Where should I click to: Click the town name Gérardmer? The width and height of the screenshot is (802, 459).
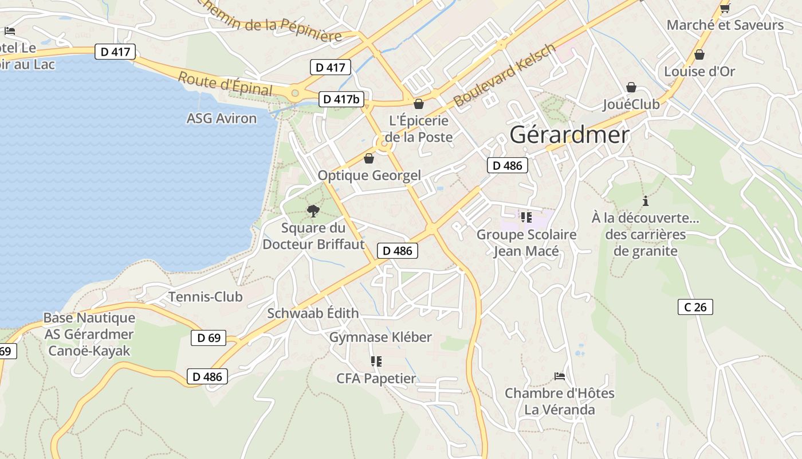[x=569, y=135]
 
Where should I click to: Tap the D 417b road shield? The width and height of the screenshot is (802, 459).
[x=341, y=99]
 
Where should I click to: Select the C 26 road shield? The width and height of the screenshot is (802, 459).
[x=695, y=307]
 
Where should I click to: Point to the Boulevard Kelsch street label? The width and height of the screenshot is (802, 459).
[x=504, y=75]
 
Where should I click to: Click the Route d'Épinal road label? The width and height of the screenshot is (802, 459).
[x=225, y=84]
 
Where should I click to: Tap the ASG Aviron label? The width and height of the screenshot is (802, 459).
[x=222, y=118]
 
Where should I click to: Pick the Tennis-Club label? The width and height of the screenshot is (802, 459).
[x=205, y=297]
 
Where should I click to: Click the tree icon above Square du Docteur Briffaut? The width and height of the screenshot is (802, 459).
[x=313, y=211]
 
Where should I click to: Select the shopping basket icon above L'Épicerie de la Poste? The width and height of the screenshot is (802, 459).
[x=419, y=104]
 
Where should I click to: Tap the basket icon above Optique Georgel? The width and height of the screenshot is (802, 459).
[x=369, y=158]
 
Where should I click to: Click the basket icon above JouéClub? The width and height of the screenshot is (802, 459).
[x=631, y=87]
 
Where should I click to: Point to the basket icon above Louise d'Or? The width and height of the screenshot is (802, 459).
[x=699, y=55]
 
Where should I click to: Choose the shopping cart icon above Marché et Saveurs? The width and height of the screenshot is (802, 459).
[x=725, y=8]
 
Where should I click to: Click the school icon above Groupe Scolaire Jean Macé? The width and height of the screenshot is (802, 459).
[x=526, y=217]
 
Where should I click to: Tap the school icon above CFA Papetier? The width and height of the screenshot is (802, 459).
[x=376, y=361]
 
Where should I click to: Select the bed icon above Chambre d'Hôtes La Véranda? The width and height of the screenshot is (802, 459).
[x=560, y=376]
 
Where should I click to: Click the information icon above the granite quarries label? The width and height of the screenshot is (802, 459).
[x=646, y=201]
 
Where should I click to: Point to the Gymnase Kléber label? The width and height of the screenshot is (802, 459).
[x=380, y=337]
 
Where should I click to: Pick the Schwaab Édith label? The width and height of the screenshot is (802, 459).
[x=313, y=313]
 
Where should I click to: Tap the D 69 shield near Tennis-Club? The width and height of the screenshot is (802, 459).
[x=209, y=338]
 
